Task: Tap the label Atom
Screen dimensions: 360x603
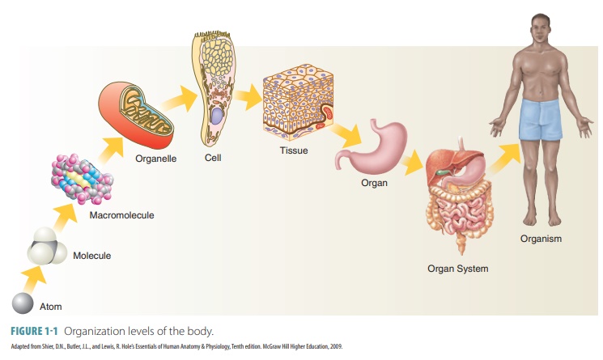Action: coord(51,307)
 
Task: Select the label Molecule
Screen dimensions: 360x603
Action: coord(91,256)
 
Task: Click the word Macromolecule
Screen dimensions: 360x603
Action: coord(122,215)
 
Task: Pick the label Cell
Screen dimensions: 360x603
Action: coord(213,158)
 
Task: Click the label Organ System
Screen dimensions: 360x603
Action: coord(458,268)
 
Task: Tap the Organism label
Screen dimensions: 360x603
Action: coord(541,238)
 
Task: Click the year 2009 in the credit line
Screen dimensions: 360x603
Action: coord(335,346)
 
